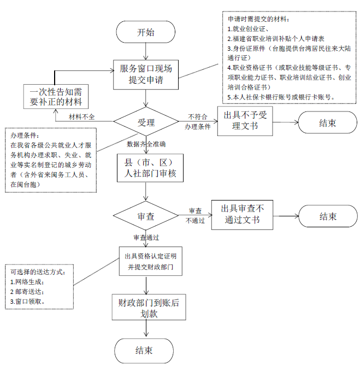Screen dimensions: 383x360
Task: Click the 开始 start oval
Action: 145,32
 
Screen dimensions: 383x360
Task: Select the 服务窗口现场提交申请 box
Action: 145,75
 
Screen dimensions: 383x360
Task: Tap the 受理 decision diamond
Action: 146,121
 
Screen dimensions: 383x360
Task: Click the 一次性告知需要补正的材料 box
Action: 56,97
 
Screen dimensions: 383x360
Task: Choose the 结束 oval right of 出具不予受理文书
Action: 327,123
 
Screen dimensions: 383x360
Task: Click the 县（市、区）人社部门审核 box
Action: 145,168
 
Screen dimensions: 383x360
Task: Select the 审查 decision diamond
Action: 146,216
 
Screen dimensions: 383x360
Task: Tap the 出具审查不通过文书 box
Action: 242,215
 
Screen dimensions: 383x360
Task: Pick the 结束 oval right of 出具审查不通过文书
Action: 327,216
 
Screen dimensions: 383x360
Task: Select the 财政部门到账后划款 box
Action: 145,308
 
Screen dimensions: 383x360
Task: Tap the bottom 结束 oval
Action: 144,350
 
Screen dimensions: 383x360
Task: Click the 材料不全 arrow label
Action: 81,117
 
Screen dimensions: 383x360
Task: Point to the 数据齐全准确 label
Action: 146,144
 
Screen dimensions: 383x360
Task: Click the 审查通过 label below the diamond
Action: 146,238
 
